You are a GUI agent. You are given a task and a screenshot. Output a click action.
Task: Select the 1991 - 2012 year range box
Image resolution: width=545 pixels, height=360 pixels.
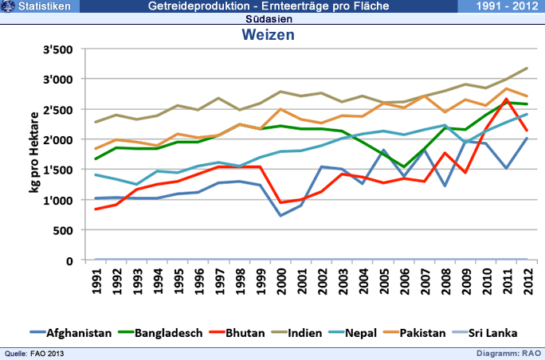500,6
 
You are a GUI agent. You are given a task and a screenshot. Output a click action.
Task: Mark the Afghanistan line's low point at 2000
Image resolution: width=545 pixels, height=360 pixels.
280,215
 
